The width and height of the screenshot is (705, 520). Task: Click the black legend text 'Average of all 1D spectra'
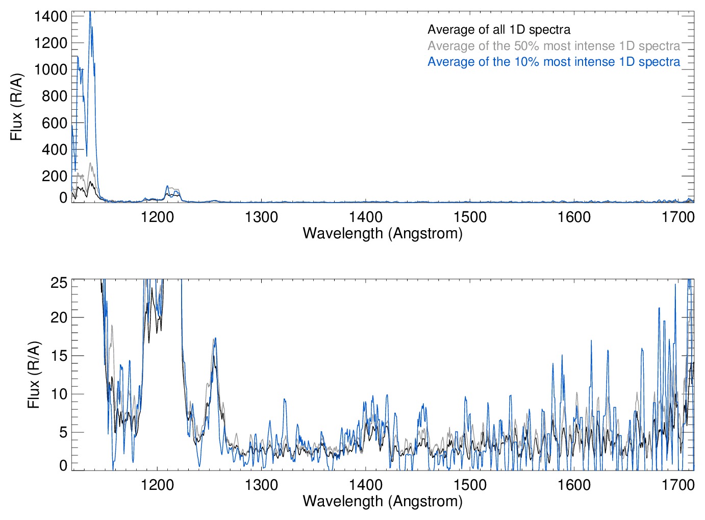498,30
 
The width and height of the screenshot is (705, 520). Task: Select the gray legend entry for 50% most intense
553,46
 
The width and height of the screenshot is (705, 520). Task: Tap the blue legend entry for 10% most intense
553,62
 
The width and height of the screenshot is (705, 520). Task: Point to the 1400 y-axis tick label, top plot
51,16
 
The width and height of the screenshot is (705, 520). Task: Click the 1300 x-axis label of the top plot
261,217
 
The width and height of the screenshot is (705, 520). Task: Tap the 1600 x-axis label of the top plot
574,217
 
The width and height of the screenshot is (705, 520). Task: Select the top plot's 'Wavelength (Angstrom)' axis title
383,233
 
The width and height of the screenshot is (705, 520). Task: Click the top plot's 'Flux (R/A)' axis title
17,107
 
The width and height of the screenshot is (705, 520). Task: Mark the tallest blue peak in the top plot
90,12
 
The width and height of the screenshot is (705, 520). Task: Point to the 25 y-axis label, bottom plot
59,283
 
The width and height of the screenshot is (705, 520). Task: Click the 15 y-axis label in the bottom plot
59,356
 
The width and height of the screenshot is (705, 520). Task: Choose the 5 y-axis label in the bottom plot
63,432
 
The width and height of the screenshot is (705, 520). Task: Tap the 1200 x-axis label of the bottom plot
157,484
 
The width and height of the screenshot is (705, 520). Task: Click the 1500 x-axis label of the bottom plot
470,484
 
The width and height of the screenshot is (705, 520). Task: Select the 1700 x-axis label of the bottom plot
678,484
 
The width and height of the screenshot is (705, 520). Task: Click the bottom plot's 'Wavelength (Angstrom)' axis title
383,501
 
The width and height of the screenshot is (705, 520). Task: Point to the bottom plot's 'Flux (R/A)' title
34,375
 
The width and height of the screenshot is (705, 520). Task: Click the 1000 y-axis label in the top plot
51,69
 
